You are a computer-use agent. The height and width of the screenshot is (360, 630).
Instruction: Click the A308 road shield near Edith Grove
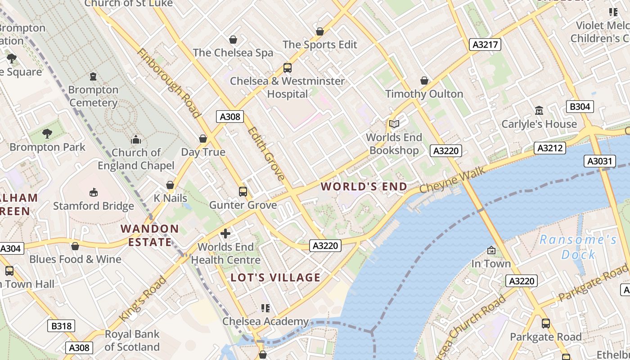click(x=229, y=117)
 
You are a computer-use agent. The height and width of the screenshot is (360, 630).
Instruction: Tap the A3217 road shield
click(x=485, y=44)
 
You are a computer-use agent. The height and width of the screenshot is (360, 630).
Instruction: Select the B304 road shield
click(x=580, y=107)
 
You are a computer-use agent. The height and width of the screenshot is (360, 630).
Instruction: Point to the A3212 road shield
click(x=549, y=148)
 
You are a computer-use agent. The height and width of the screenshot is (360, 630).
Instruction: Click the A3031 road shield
click(x=600, y=161)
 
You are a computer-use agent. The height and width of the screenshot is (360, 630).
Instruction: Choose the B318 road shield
click(x=61, y=326)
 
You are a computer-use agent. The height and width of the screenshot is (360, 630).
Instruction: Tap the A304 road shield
click(x=11, y=248)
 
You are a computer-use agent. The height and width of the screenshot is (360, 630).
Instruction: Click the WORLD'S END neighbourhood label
click(x=364, y=186)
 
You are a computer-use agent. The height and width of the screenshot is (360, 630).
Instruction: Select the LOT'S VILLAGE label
click(x=275, y=277)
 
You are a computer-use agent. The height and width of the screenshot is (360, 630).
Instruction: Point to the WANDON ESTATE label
click(x=150, y=235)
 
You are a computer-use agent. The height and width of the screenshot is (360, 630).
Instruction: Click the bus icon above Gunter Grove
click(x=243, y=192)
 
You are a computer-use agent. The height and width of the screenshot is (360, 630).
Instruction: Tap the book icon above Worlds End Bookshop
click(x=394, y=124)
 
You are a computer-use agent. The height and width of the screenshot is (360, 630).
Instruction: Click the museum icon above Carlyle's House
click(x=539, y=110)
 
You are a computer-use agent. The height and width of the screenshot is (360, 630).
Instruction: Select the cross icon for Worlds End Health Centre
click(x=225, y=234)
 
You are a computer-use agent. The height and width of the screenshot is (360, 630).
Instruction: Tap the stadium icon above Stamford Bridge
click(x=94, y=192)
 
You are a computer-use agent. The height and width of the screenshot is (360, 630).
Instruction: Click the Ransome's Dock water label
click(x=578, y=247)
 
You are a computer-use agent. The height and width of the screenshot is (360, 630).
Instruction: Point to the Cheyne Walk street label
click(x=453, y=180)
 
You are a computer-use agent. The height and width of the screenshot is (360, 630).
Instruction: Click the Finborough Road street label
click(x=168, y=83)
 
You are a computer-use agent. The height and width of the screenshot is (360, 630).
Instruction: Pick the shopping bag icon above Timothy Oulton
click(x=424, y=81)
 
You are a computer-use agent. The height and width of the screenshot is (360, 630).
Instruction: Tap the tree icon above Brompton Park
click(x=47, y=133)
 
